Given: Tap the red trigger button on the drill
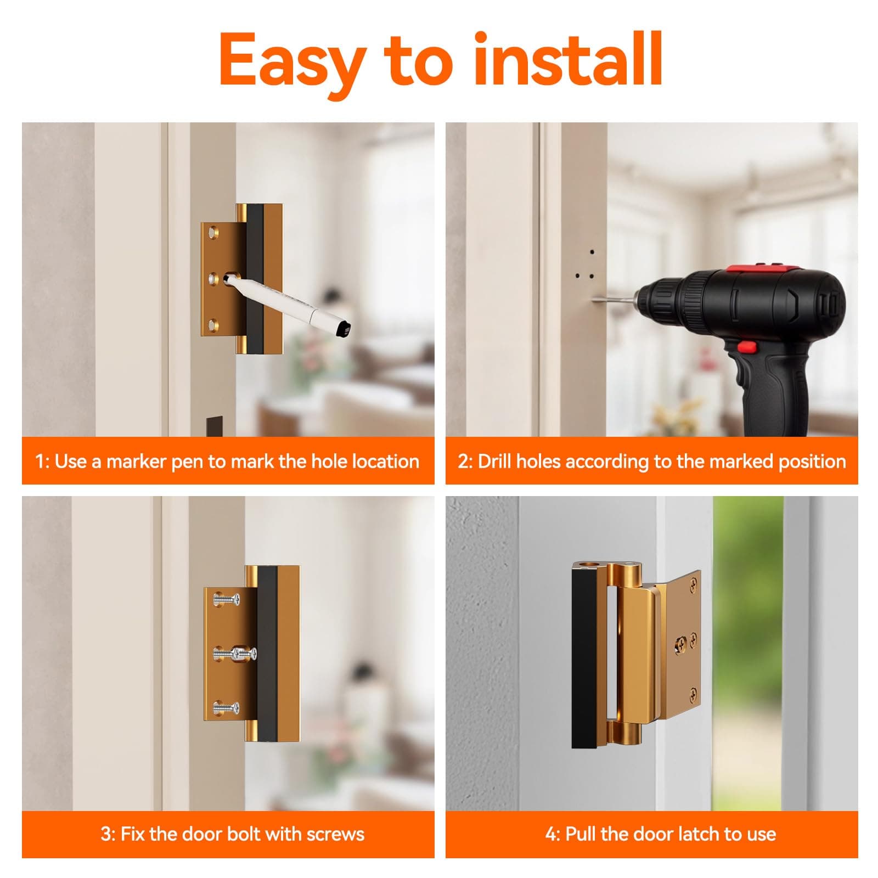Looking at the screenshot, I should click(745, 346).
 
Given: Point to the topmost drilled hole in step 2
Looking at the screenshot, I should click(592, 253).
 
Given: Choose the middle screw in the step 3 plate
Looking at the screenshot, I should click(236, 654).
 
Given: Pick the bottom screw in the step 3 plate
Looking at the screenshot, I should click(227, 708).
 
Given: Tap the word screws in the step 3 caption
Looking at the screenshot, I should click(335, 834).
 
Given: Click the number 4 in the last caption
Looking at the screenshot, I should click(550, 834).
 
